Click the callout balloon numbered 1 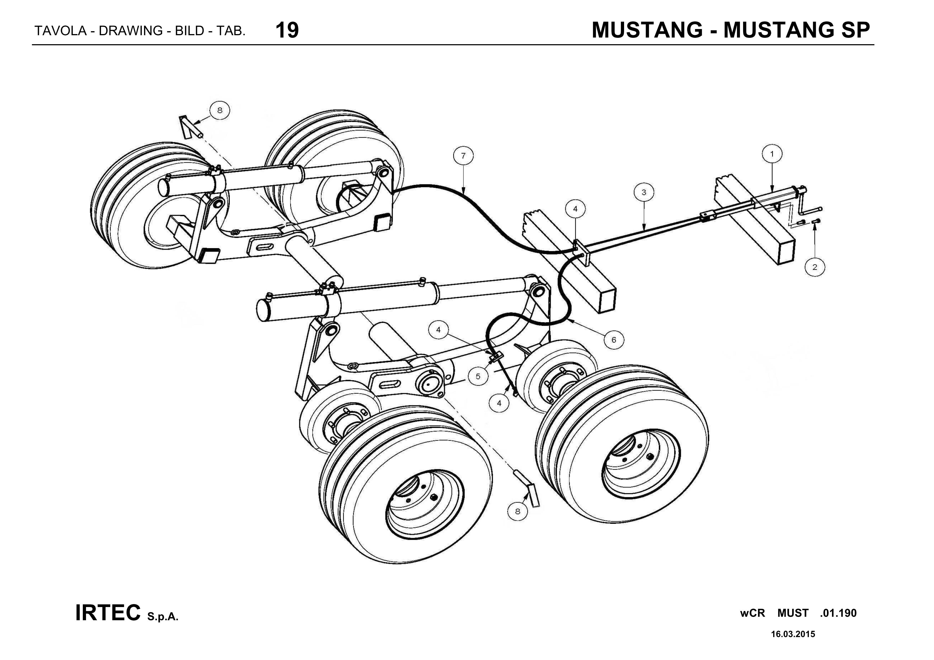772,154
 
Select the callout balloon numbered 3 644,192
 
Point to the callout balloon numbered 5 478,376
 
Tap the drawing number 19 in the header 287,30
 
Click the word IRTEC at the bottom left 108,613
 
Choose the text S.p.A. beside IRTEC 163,617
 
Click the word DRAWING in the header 130,31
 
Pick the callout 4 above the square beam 575,209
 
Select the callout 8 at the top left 220,110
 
